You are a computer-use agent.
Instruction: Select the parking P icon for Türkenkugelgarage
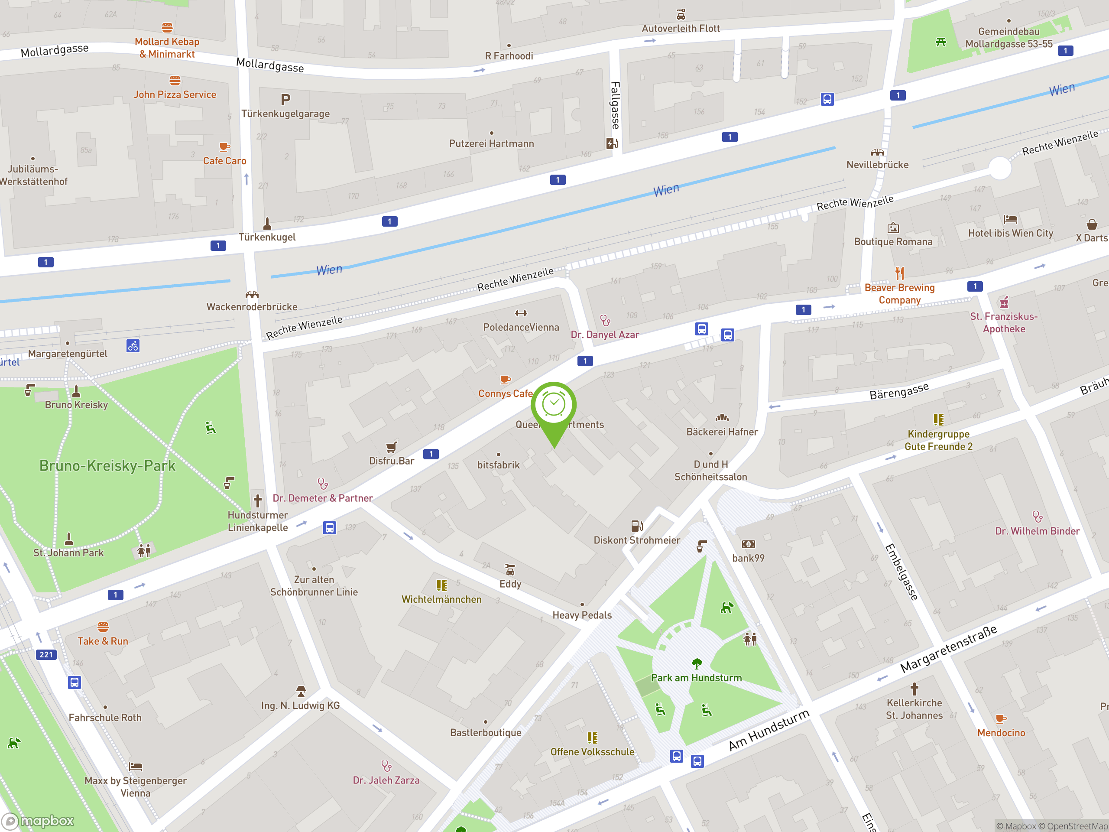[286, 100]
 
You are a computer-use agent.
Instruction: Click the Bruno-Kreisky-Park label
[107, 466]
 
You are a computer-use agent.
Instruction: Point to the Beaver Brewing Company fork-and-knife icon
[900, 273]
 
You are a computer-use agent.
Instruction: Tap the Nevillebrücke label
[877, 165]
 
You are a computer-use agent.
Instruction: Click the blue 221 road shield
[46, 654]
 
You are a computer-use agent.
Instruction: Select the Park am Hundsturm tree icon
[697, 664]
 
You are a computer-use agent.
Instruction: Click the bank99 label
[748, 558]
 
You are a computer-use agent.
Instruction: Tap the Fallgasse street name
[615, 106]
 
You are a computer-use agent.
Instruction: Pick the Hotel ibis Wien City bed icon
[1010, 219]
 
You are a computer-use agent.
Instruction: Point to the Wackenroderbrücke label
[252, 307]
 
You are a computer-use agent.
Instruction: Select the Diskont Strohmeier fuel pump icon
[637, 526]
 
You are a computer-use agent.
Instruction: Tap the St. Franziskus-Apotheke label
[1004, 322]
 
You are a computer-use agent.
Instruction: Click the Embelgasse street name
[901, 572]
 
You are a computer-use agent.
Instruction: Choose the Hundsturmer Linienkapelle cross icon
[258, 500]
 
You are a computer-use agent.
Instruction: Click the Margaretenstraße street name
[949, 650]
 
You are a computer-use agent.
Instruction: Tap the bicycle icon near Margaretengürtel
[133, 346]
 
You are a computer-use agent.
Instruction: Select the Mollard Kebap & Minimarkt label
[167, 48]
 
